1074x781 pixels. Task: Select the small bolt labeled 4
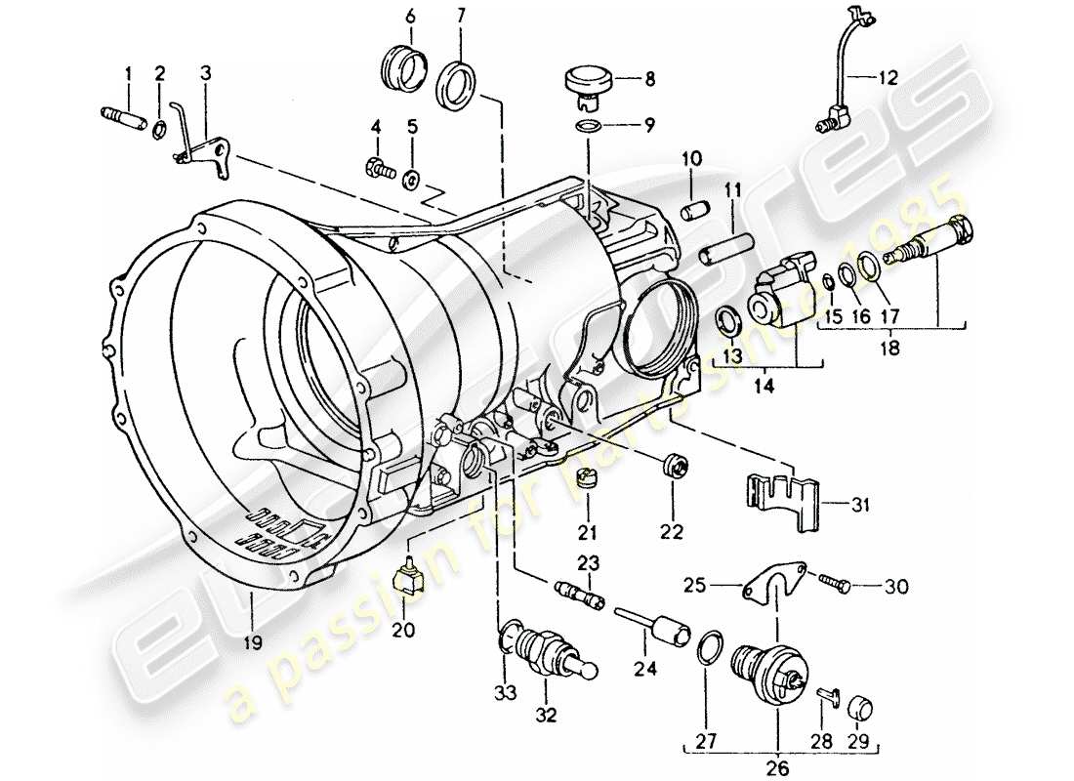click(376, 170)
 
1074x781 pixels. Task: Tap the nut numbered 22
click(674, 467)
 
